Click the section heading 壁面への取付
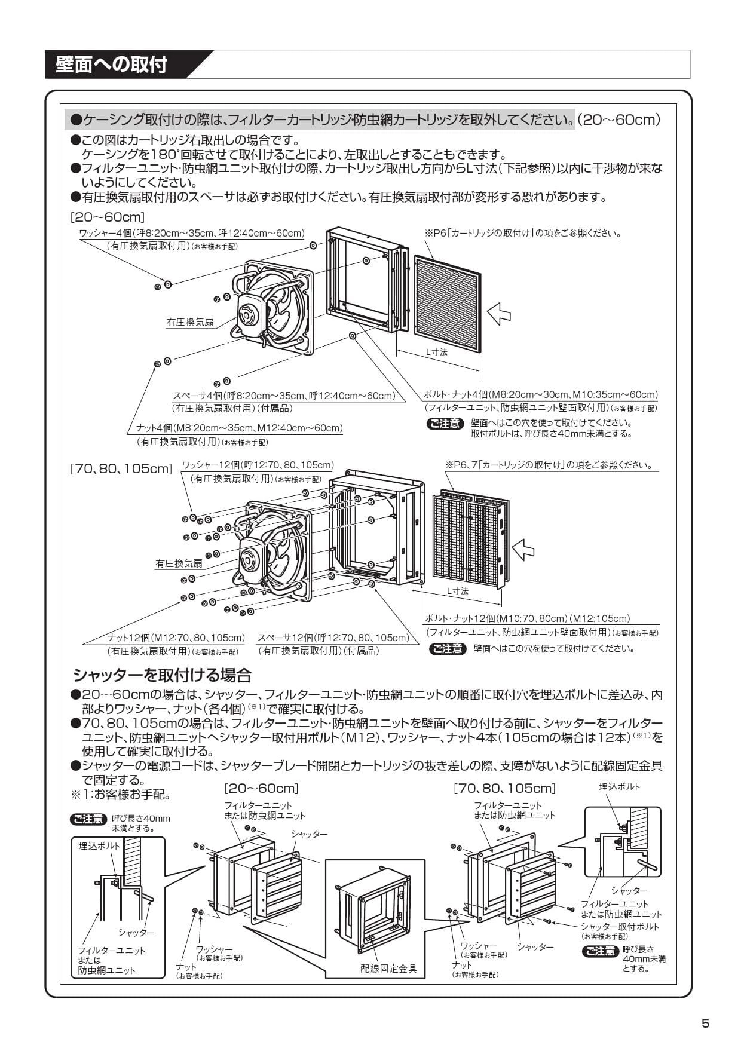[111, 65]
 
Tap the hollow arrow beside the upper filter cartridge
[499, 312]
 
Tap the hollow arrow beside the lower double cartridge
[523, 548]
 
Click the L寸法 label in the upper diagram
[436, 352]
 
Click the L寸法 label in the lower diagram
[458, 591]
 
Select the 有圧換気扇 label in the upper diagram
[189, 322]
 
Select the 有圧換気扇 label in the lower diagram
[179, 563]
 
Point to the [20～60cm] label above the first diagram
[108, 217]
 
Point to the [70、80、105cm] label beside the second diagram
[121, 469]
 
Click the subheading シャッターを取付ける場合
[162, 676]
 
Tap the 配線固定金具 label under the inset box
[389, 969]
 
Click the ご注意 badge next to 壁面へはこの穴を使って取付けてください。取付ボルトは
[445, 424]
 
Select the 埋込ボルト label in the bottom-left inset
[99, 846]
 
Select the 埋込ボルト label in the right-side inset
[619, 787]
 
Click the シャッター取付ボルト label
[620, 927]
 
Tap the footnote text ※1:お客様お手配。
[121, 795]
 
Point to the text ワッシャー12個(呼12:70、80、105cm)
[258, 465]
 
